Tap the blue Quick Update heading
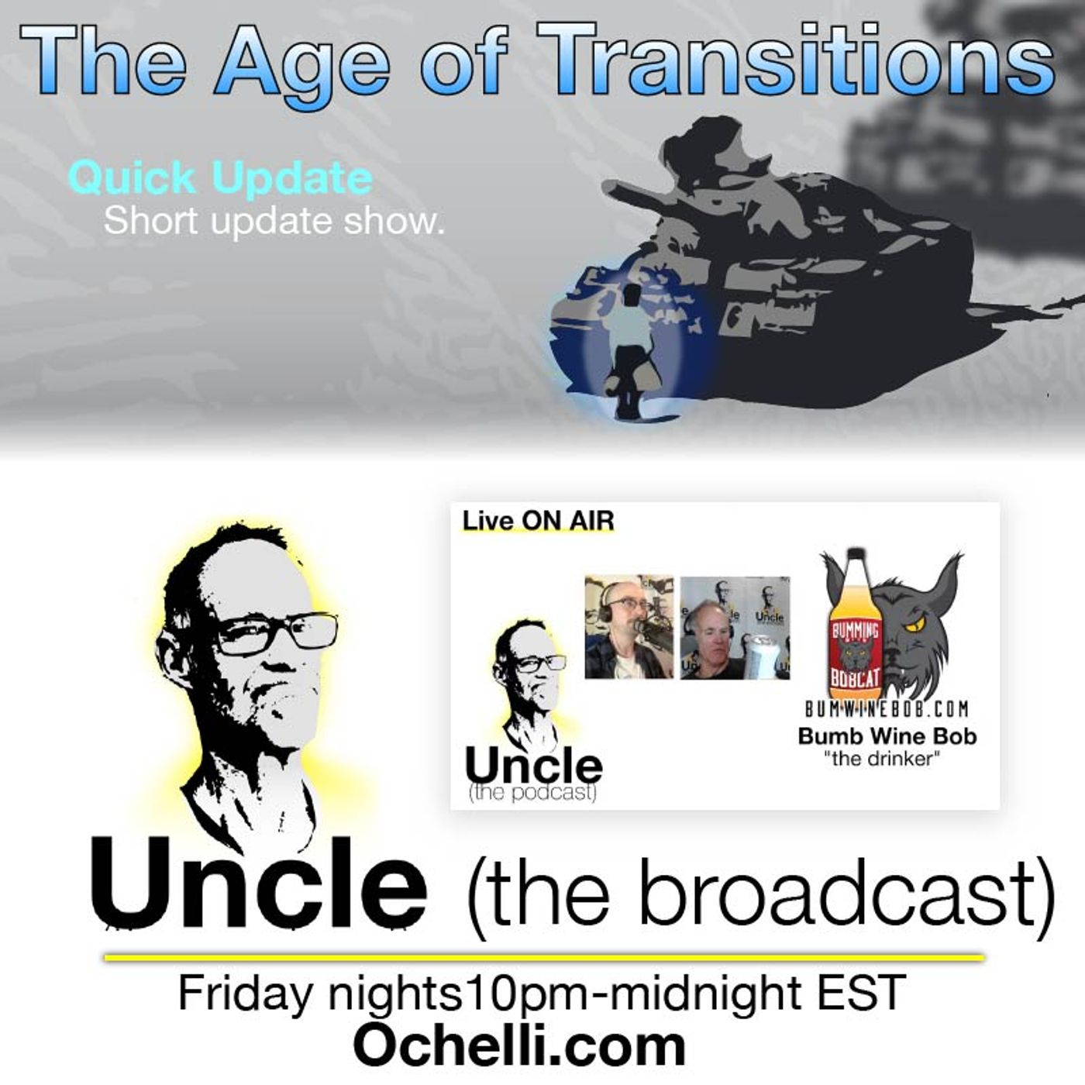[220, 178]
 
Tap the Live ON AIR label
[538, 522]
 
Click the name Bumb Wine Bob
[887, 735]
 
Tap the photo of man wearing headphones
[629, 626]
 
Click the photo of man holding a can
[735, 628]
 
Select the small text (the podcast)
[532, 794]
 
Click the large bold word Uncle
[258, 883]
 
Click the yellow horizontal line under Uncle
[542, 959]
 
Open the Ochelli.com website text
[519, 1045]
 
